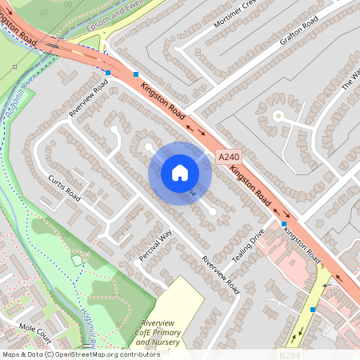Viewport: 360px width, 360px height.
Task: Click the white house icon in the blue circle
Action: (180, 172)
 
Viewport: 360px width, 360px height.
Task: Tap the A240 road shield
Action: (229, 160)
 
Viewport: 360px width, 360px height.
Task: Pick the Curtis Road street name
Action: (65, 188)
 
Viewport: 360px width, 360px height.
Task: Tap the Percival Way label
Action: (156, 245)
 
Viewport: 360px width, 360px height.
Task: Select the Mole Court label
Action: (34, 330)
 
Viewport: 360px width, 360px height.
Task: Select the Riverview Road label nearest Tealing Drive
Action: (221, 274)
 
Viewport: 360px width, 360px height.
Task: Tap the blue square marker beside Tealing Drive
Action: (284, 225)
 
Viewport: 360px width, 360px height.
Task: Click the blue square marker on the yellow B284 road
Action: (313, 309)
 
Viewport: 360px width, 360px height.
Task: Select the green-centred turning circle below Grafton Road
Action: (278, 116)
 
